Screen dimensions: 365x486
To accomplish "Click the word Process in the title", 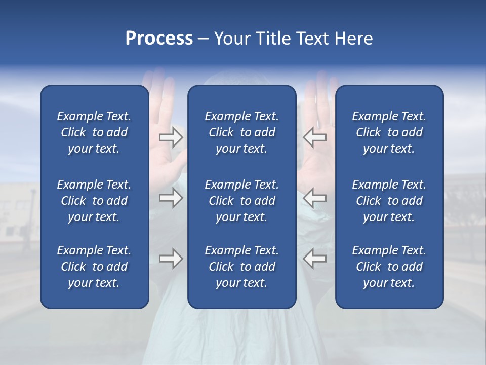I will coord(159,39).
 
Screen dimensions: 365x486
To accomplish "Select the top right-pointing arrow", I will coord(171,137).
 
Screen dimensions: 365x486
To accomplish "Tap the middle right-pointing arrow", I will coord(171,198).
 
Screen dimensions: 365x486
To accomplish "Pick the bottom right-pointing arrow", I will coord(171,259).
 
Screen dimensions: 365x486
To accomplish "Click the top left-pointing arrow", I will coord(314,137).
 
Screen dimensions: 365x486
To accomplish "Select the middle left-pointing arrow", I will coord(314,198).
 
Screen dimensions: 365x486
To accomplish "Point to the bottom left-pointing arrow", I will coord(314,259).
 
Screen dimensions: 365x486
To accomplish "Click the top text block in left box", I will coord(94,132).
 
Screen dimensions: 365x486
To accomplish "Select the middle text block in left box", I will coord(94,201).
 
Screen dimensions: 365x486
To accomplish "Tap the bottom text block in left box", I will coord(94,267).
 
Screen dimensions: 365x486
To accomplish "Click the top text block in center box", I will coord(241,132).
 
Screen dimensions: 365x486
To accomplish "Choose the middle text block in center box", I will coord(241,201).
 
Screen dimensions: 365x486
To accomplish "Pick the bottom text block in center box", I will coord(241,267).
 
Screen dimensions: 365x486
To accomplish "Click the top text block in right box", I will coord(389,132).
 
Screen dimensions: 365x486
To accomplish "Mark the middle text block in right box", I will coord(389,201).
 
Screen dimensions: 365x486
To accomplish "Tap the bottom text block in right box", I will coord(389,267).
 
